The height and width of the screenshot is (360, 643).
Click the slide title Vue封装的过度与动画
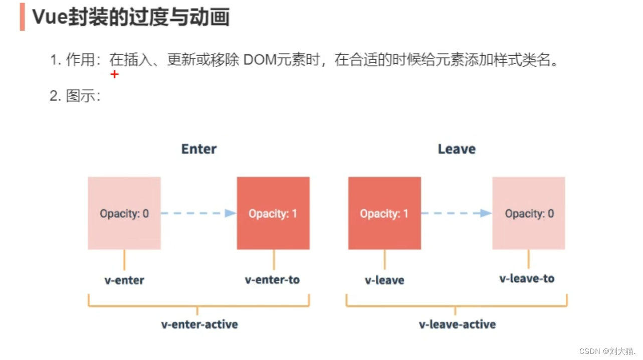pos(131,17)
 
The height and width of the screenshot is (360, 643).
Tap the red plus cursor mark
pos(115,74)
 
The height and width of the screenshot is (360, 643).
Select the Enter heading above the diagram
pos(199,149)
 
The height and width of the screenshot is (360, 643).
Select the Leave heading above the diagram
pos(457,149)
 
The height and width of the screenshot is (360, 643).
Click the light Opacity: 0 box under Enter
pos(124,213)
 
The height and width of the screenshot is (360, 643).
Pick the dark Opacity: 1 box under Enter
pos(273,213)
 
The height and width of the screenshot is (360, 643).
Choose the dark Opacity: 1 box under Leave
pos(384,213)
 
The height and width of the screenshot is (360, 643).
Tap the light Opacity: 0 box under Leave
pos(529,213)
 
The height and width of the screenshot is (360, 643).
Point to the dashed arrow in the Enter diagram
pos(198,213)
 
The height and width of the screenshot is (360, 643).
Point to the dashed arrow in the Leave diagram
pos(456,213)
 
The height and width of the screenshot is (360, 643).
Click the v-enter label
pos(124,280)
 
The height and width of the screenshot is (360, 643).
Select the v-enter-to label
pos(272,280)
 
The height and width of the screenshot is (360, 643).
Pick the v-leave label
pos(384,280)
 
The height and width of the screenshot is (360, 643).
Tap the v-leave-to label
pos(527,278)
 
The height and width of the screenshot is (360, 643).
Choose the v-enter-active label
pos(199,324)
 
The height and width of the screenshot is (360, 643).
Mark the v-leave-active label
pos(457,324)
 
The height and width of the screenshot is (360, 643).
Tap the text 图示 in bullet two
pos(80,95)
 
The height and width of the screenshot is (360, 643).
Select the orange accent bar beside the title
pos(22,17)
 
